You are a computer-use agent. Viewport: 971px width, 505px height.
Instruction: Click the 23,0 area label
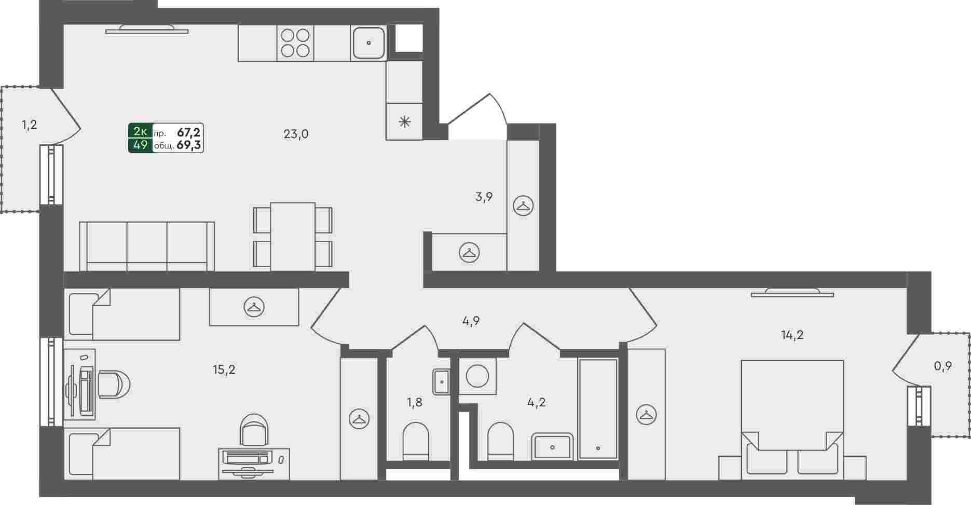296,134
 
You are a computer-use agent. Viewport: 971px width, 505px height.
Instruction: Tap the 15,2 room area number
224,370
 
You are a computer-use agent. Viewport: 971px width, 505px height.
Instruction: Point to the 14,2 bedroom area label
792,335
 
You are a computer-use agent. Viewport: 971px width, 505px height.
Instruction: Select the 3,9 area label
484,197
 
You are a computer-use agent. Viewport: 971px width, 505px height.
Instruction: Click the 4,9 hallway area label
471,321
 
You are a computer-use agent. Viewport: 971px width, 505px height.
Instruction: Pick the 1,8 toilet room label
414,402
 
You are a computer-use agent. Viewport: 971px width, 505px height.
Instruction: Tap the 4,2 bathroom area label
536,402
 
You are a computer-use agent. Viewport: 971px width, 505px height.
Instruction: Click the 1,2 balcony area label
29,125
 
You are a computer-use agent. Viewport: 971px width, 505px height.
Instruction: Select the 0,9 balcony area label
942,366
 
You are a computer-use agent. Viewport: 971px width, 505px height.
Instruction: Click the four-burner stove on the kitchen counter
295,43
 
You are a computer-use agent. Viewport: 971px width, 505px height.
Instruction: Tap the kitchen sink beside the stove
368,43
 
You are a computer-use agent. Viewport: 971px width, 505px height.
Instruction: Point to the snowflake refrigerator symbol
404,122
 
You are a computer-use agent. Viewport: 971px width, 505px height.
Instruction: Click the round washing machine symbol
477,376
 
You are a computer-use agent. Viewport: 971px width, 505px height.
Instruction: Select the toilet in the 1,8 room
416,441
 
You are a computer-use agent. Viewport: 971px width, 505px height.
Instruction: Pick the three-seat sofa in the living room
147,247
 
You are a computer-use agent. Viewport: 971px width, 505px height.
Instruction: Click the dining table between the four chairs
293,237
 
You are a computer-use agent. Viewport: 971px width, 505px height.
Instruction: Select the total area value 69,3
189,146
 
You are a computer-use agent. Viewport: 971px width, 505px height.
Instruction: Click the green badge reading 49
140,145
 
